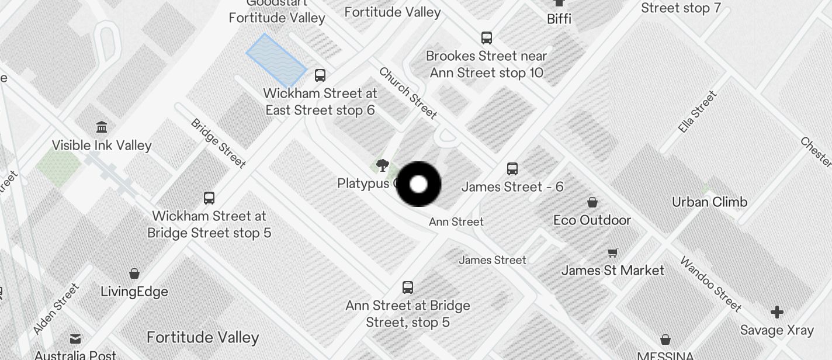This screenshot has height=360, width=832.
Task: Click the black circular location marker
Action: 418,184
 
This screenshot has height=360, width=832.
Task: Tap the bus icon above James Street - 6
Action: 512,169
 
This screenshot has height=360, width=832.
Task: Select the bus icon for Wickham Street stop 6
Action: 320,75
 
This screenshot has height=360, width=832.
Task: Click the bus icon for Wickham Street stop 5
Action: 209,198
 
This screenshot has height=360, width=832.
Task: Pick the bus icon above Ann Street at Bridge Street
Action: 408,288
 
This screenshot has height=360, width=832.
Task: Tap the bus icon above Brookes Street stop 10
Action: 487,38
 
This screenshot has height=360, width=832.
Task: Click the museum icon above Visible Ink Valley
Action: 102,127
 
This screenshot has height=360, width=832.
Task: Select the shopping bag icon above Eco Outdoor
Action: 592,202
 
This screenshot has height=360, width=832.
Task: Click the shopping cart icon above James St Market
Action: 612,252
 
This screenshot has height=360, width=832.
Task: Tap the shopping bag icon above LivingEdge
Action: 134,274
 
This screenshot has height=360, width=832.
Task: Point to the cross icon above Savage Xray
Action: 776,312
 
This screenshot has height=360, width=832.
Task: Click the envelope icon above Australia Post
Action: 75,338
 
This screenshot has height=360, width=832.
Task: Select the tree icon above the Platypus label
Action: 383,165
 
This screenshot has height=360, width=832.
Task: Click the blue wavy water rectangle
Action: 276,60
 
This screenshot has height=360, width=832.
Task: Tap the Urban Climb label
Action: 709,202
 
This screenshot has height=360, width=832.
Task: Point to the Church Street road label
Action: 408,92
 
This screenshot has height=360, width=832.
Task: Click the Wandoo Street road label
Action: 710,283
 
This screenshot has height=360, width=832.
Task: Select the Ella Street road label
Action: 698,112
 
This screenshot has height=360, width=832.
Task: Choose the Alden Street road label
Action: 56,309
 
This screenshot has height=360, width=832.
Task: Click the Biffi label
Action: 559,19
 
